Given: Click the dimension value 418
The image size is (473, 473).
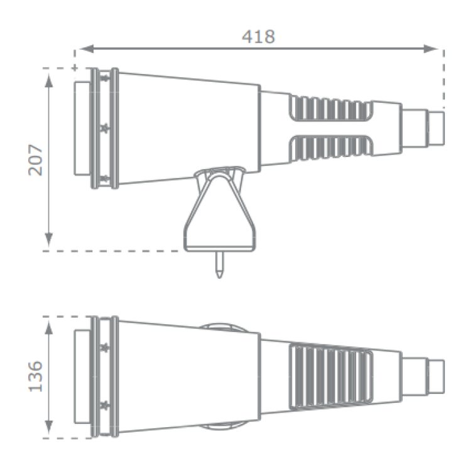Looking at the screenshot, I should coord(258,37).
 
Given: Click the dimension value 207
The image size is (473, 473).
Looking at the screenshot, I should coord(36,160).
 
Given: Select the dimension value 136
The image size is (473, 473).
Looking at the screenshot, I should coord(36,376).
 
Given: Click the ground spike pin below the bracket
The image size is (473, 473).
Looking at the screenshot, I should coord(218,264).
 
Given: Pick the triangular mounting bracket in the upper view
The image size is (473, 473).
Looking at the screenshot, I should coord(219,210).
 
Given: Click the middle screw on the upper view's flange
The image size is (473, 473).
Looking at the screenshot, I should coord(105,128).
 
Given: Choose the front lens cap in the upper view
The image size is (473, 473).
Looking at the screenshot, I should coord(82,128).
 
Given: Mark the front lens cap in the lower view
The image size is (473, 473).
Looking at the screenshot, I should coord(82,376).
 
